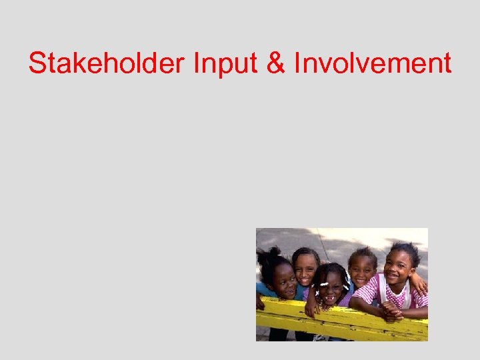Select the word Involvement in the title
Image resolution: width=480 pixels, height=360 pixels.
point(373,63)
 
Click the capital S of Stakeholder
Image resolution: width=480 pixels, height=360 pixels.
point(37,63)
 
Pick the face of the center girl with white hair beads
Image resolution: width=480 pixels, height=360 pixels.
point(331,287)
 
